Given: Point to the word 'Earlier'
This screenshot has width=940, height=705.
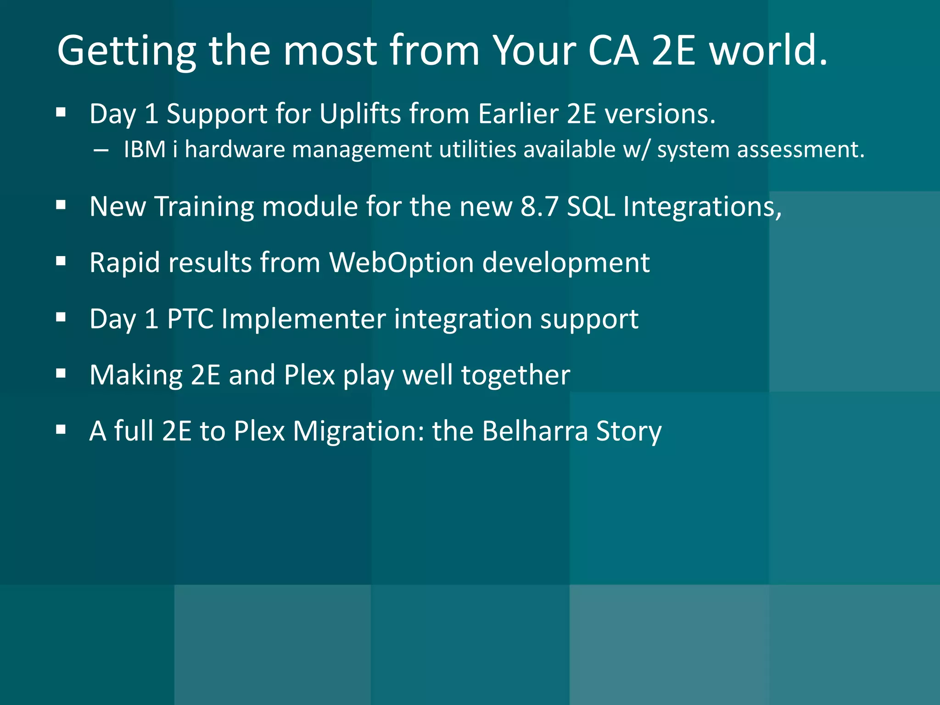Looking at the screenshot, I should pyautogui.click(x=518, y=113).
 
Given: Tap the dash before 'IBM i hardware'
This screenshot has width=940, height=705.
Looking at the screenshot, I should pyautogui.click(x=101, y=150).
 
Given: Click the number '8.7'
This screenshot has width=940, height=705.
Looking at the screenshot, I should pyautogui.click(x=539, y=206).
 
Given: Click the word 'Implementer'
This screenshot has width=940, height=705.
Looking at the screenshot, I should pyautogui.click(x=304, y=319).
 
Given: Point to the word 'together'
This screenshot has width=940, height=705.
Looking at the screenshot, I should pyautogui.click(x=515, y=375).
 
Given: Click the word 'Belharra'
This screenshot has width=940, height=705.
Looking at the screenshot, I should pyautogui.click(x=535, y=431).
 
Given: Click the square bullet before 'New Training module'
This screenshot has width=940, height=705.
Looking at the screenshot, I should pyautogui.click(x=61, y=206).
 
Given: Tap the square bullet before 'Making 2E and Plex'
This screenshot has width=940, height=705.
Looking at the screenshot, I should pyautogui.click(x=61, y=374).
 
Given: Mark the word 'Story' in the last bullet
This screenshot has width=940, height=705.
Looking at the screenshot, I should pyautogui.click(x=629, y=431).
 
